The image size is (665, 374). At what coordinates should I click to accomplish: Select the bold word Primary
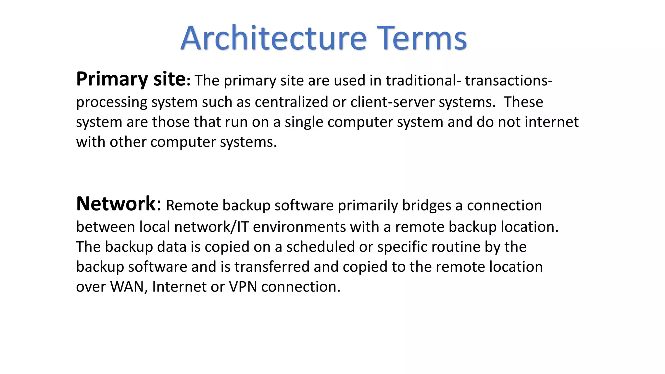tap(112, 79)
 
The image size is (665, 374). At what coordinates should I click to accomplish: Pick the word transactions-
tap(508, 81)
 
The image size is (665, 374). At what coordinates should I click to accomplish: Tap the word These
tap(523, 102)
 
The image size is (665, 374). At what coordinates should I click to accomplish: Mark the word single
tap(304, 122)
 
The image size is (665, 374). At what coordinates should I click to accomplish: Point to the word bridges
tap(427, 206)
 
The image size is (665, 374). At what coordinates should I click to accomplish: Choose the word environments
tap(299, 227)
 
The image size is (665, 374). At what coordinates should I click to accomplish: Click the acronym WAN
tap(127, 287)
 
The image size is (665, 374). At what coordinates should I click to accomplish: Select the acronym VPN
tap(243, 287)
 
